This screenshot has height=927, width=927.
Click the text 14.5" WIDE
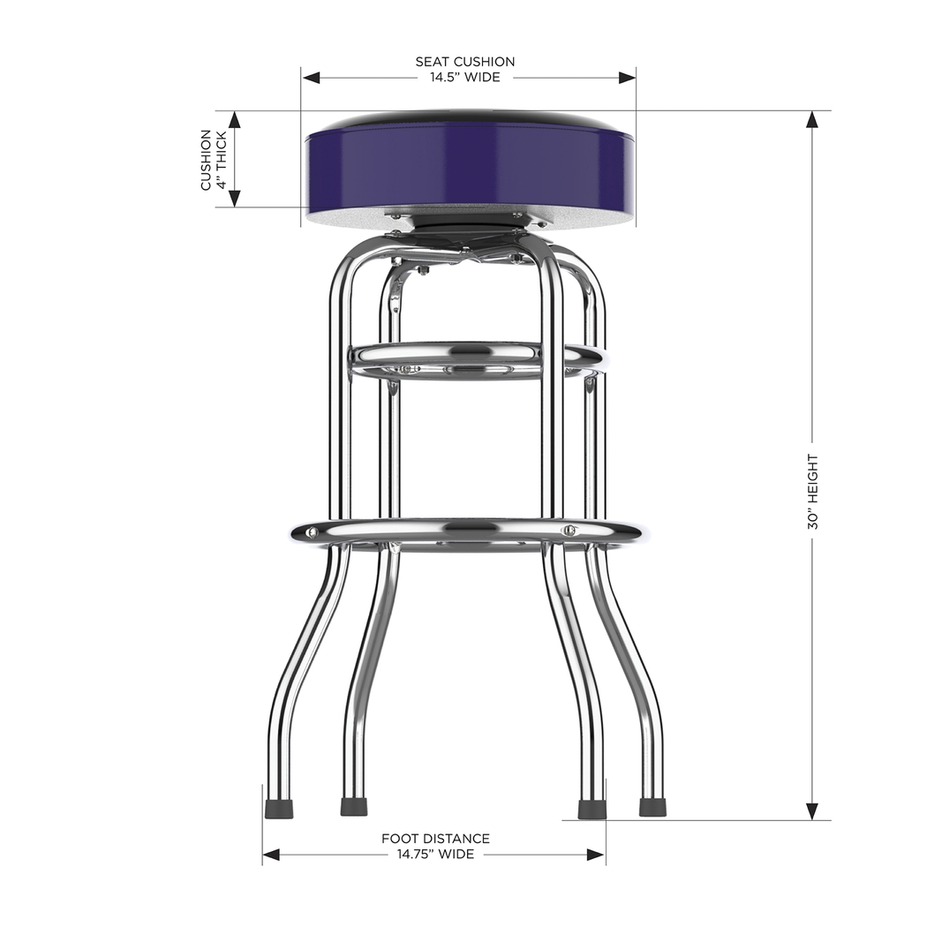(x=465, y=78)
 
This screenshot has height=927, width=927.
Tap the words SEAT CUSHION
(x=465, y=62)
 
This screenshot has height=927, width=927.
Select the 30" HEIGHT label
(x=812, y=492)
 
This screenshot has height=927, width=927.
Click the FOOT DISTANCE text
(x=435, y=839)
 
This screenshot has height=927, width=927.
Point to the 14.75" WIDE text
(x=435, y=855)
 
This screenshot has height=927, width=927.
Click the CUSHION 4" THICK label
(x=213, y=160)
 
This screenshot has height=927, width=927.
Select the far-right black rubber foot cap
(x=652, y=807)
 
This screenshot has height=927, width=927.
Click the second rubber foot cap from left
(x=354, y=807)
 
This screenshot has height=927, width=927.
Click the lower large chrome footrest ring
(x=468, y=531)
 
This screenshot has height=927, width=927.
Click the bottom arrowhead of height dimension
(x=812, y=812)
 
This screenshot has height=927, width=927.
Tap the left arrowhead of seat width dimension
(x=310, y=78)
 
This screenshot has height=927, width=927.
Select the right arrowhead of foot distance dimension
(x=598, y=855)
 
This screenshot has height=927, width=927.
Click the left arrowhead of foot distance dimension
(x=271, y=855)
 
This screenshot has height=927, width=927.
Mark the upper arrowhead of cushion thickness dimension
(x=235, y=119)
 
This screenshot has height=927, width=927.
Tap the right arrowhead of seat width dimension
(x=628, y=78)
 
